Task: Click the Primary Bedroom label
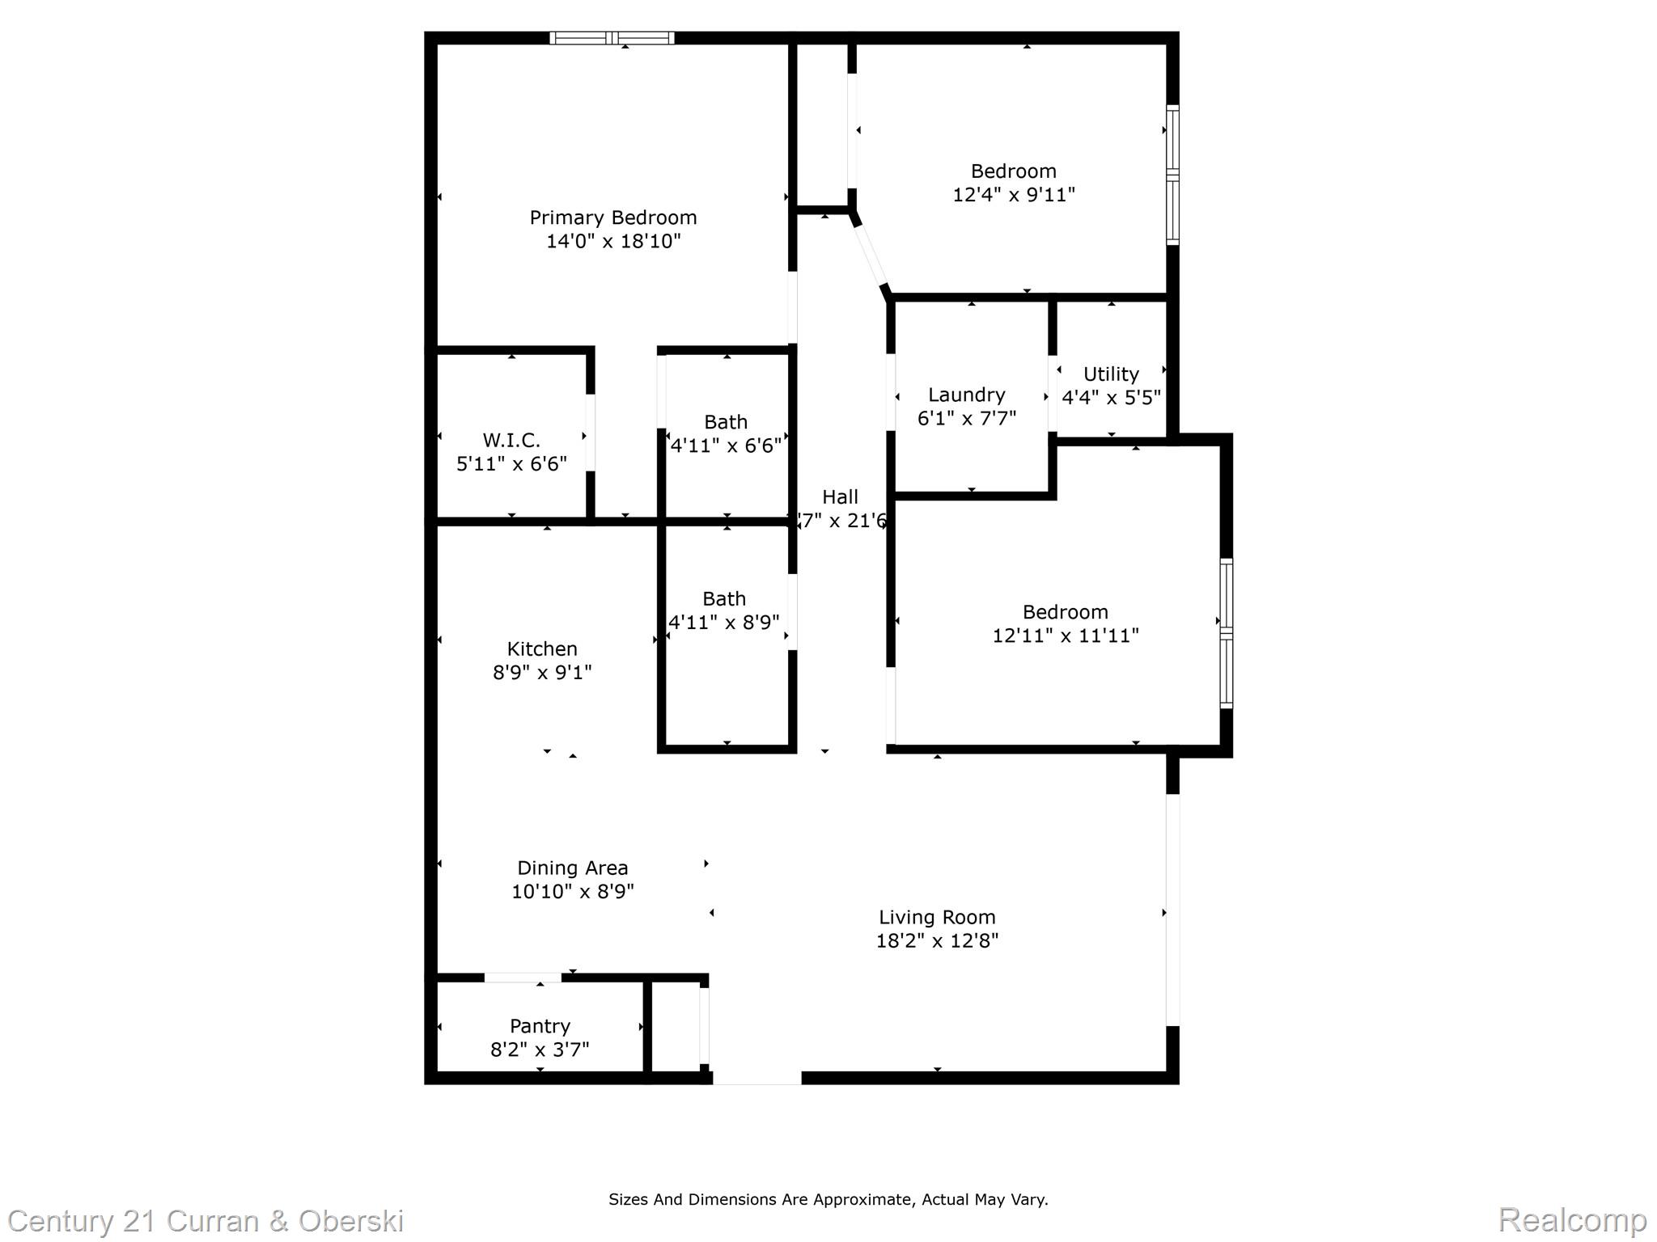tap(612, 218)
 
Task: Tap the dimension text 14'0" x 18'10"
tap(612, 241)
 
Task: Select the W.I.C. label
tap(511, 441)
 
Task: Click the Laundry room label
tap(966, 395)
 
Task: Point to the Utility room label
tap(1111, 374)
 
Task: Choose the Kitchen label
tap(542, 648)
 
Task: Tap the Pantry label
tap(540, 1026)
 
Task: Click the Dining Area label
tap(572, 868)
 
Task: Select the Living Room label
tap(937, 918)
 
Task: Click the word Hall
tap(840, 497)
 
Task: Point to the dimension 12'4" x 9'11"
tap(1013, 195)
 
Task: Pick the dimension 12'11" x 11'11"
tap(1065, 636)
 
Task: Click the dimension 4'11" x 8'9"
tap(724, 623)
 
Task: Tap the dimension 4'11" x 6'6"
tap(726, 446)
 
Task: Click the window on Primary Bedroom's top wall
tap(612, 38)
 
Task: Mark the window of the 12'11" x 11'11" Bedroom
tap(1227, 633)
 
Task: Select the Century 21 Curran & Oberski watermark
tap(206, 1220)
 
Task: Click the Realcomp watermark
tap(1572, 1219)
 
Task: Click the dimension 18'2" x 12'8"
tap(937, 941)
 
